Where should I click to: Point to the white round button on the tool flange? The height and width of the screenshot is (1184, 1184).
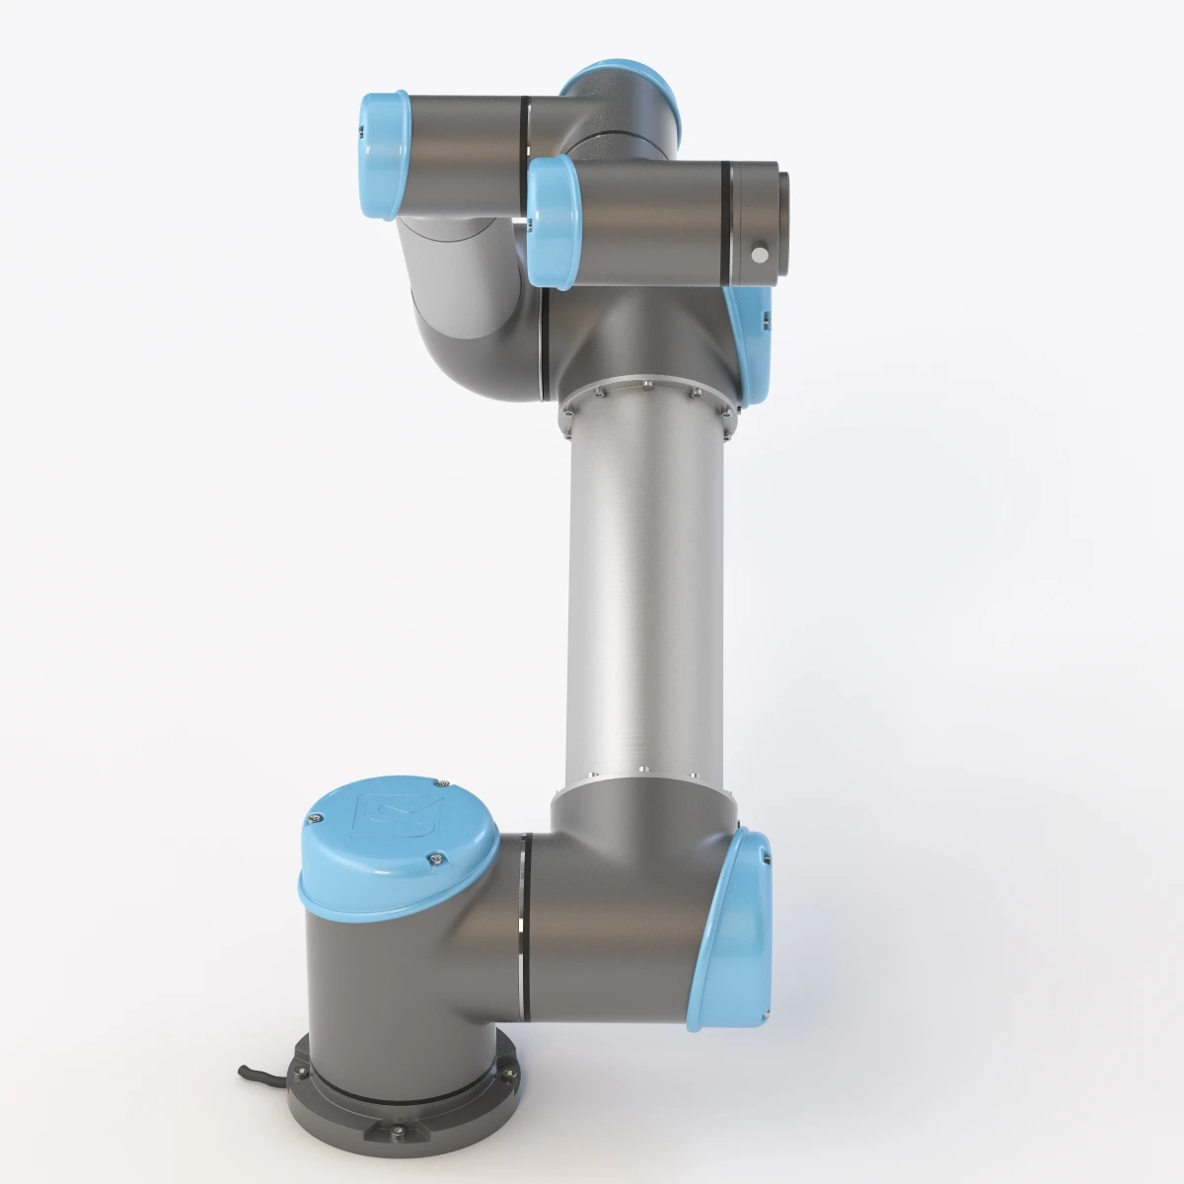click(x=759, y=255)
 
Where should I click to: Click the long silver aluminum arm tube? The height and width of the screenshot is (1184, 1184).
click(x=641, y=592)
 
